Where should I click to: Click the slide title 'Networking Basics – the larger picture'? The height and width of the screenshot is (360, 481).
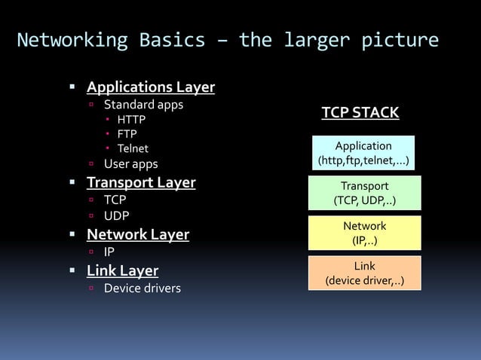pos(228,40)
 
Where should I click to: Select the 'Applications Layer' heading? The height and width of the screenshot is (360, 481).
pos(151,87)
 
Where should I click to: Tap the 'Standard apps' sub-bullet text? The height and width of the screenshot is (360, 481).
pos(143,104)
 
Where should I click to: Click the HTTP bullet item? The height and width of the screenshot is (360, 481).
pos(131,119)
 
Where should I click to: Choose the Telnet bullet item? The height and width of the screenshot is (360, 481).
pos(133,148)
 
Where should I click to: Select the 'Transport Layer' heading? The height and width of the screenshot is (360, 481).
pos(141,182)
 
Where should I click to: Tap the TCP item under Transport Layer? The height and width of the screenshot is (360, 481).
pos(115,200)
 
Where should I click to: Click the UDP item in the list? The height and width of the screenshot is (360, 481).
pos(116,216)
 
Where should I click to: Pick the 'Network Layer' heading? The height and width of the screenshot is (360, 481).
pos(138,234)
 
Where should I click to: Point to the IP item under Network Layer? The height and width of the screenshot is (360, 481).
pos(109,252)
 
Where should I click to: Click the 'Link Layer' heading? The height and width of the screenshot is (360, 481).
pos(122,270)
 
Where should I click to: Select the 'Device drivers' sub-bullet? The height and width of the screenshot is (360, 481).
pos(142,288)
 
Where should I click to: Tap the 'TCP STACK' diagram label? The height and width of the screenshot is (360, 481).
pos(360,114)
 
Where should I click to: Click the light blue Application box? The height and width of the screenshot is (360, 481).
pos(364,153)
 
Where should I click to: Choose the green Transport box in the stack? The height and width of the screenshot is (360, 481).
pos(365,193)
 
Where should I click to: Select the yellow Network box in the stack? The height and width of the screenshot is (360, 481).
pos(365,233)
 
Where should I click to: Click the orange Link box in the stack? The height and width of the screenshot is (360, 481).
pos(365,273)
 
